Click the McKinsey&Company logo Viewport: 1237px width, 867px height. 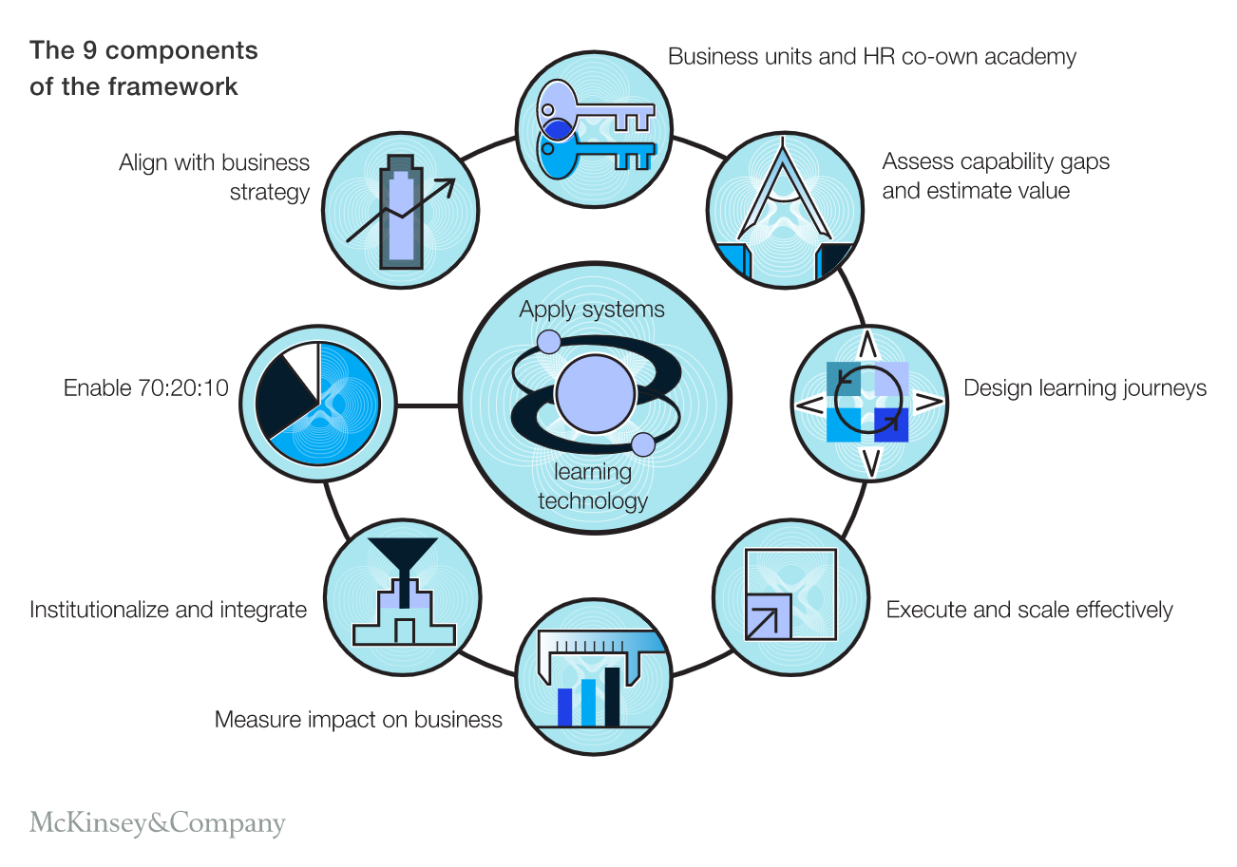click(x=157, y=822)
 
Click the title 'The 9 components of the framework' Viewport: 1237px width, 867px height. click(x=143, y=67)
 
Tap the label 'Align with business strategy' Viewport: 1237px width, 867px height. click(x=215, y=177)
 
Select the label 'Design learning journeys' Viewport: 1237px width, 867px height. click(x=1085, y=388)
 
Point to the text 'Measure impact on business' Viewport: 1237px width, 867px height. click(x=358, y=719)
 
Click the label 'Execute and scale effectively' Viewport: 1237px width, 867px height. click(x=1029, y=610)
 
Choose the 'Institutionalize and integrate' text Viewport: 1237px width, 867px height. click(x=168, y=610)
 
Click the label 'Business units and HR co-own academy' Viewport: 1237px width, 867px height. click(x=872, y=57)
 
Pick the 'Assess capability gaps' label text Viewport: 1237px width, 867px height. click(x=995, y=161)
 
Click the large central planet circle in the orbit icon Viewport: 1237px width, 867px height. click(x=595, y=394)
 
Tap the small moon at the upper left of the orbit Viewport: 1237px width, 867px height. click(x=549, y=342)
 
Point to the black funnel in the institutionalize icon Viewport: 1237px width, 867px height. click(x=404, y=556)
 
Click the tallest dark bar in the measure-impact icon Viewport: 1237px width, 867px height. click(x=612, y=695)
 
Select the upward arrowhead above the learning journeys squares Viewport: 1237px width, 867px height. click(x=867, y=345)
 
